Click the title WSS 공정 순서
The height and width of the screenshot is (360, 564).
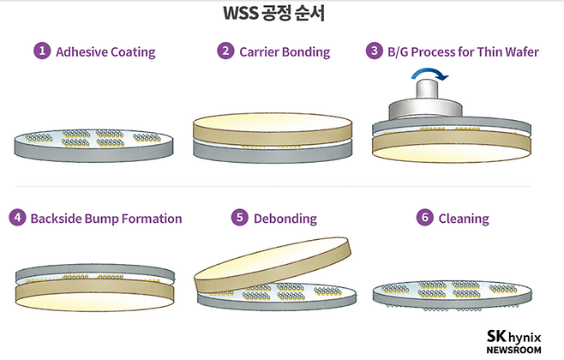[x=282, y=15]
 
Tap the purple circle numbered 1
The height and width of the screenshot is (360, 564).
[x=41, y=51]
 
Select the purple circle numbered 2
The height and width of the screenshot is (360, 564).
[x=225, y=51]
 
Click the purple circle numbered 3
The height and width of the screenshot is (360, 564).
[x=375, y=51]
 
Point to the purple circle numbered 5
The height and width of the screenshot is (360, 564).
[x=240, y=218]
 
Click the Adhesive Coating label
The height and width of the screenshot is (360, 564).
[x=105, y=51]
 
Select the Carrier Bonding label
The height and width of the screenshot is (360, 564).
[x=285, y=51]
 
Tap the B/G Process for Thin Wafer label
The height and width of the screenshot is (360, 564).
[x=465, y=51]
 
